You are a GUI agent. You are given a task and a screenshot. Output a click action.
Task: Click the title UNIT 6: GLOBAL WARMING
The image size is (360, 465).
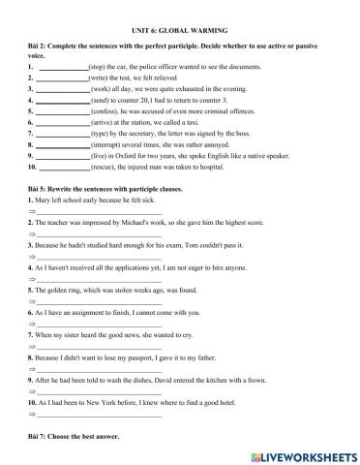click(x=179, y=30)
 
